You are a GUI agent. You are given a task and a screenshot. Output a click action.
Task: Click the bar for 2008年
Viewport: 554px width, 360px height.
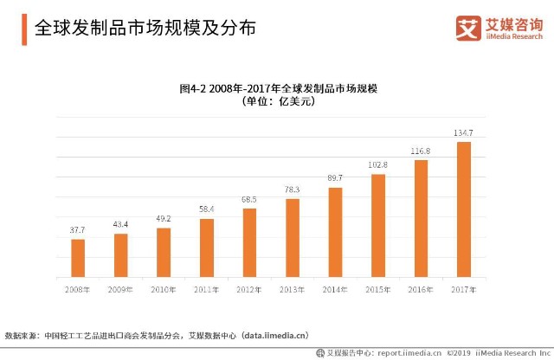click(78, 258)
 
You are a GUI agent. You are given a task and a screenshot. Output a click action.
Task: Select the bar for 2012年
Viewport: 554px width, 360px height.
click(249, 242)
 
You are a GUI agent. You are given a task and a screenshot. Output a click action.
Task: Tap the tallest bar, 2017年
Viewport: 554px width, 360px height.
click(464, 209)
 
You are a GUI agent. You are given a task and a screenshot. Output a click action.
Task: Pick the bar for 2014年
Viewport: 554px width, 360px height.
click(335, 233)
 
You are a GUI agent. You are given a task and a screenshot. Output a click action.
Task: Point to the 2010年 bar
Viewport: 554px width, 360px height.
click(164, 253)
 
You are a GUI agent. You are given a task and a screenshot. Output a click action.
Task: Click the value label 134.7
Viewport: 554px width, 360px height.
click(463, 132)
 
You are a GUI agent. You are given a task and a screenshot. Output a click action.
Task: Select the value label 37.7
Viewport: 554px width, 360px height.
click(77, 230)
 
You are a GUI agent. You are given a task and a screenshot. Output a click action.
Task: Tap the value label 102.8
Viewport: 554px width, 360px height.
click(377, 165)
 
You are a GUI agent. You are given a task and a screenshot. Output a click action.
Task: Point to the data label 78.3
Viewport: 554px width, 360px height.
click(293, 190)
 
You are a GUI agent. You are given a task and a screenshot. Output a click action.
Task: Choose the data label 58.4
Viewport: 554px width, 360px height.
click(206, 209)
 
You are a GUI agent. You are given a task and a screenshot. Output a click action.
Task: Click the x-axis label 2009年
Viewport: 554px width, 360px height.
click(120, 290)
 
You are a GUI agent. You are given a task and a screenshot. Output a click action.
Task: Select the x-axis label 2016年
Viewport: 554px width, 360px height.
click(421, 290)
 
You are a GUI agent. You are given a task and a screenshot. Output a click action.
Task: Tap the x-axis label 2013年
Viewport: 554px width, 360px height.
click(292, 290)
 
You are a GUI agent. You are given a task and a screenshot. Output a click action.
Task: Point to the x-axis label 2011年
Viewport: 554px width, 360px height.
click(206, 290)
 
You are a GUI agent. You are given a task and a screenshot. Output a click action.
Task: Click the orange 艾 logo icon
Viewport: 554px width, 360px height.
click(468, 28)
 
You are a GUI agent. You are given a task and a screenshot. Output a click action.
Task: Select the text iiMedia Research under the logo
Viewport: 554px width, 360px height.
click(514, 36)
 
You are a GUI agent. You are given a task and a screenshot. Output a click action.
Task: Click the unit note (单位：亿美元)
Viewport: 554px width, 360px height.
click(279, 101)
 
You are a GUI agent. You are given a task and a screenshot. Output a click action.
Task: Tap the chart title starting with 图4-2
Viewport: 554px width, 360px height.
click(279, 88)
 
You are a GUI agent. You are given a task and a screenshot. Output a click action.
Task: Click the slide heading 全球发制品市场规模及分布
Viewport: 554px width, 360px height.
click(145, 28)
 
